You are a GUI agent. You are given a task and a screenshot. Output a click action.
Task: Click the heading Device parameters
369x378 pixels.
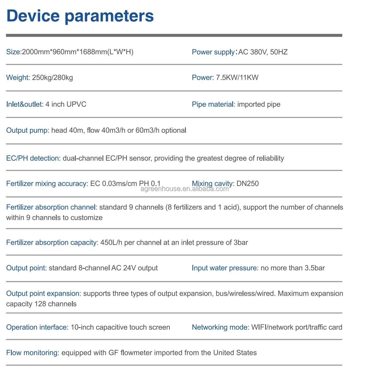coord(80,16)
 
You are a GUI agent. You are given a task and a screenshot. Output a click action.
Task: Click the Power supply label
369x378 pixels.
coord(213,52)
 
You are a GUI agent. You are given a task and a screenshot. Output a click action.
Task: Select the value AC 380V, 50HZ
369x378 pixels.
coord(263,52)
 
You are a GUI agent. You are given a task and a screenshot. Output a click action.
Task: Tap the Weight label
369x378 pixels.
coord(18,78)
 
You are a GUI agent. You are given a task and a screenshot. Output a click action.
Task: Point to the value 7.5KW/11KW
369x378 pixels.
coord(237,78)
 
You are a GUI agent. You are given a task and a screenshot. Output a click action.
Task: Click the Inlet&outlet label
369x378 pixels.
coord(25,104)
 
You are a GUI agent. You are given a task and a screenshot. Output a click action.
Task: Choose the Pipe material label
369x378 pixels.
coord(213,104)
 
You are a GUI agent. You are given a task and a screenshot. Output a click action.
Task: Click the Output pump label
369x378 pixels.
coord(28,130)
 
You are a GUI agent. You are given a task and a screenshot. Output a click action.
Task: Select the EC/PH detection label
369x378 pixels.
coord(33,158)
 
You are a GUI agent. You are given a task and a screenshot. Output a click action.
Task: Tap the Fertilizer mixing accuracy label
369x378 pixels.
coord(47,184)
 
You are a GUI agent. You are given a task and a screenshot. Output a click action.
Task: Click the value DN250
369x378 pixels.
coord(247,184)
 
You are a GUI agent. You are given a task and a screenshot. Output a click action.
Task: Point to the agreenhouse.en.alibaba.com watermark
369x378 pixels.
coord(185,189)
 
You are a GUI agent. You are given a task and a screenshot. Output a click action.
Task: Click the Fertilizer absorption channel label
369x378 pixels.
coord(52,207)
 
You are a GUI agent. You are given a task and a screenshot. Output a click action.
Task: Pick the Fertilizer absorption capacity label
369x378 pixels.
coord(52,243)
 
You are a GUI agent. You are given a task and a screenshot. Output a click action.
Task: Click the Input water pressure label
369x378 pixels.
coord(225,268)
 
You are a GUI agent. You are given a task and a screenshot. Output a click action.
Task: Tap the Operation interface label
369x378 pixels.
coord(37,327)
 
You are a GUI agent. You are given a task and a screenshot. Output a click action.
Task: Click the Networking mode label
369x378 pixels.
coord(220,327)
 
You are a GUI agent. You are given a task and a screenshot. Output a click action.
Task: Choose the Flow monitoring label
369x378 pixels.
coord(32,353)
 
